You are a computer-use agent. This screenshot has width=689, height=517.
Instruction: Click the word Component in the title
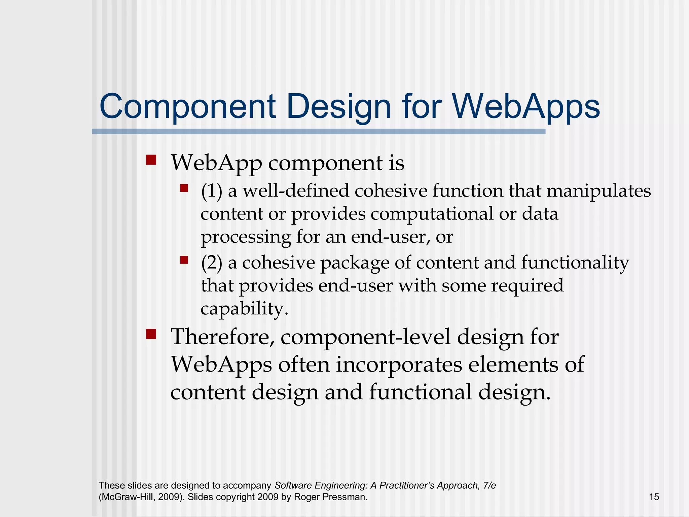coord(188,107)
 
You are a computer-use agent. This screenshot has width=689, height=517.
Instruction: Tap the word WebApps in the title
coord(526,107)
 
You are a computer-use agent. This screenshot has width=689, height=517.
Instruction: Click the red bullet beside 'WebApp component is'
coord(151,160)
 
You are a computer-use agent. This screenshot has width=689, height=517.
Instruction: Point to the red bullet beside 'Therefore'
coord(151,334)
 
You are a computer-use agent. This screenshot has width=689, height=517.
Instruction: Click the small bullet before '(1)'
coord(184,188)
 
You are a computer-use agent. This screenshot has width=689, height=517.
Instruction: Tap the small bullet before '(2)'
coord(184,260)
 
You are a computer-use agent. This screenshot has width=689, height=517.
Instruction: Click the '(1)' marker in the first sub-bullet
coord(212,191)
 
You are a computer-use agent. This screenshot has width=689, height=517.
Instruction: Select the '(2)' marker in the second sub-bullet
coord(212,263)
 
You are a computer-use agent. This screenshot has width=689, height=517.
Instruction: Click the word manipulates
coord(599,191)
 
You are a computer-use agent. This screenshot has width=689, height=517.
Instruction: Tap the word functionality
coord(575,263)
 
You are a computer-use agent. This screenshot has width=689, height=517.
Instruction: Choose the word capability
coord(244,309)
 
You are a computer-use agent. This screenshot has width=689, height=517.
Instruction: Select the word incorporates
coord(399,365)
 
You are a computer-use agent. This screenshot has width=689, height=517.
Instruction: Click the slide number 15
coord(654,497)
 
